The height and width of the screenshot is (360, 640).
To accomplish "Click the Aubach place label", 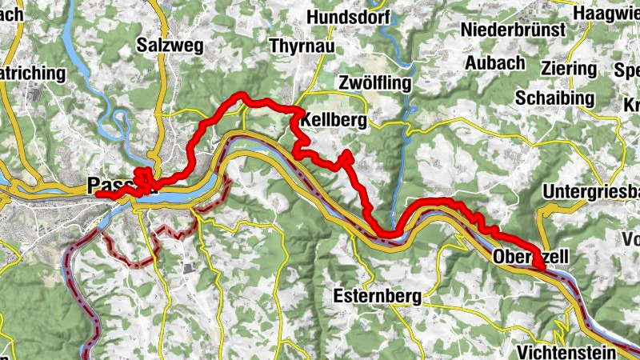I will tap(495, 63).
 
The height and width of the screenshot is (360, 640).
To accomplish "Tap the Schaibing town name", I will tap(555, 98).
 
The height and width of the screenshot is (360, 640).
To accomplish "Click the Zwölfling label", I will tap(374, 83).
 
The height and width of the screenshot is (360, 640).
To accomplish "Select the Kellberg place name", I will tap(334, 121).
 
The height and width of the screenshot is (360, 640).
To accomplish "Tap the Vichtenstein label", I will tap(566, 352).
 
